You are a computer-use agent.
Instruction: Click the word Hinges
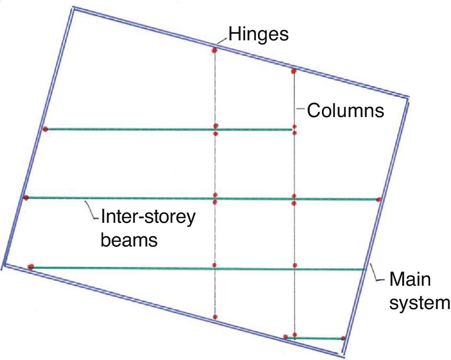[x=258, y=34]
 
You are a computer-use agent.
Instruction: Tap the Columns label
[x=345, y=110]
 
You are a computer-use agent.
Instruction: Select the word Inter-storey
[x=148, y=217]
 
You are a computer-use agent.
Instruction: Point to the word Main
[x=410, y=279]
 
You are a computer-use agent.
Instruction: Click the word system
[x=420, y=303]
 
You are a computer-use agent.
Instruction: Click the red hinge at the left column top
[x=214, y=50]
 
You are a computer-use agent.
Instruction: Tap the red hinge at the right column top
[x=293, y=71]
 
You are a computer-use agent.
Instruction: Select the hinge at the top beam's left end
[x=45, y=129]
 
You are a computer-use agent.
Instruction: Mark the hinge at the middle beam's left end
[x=26, y=198]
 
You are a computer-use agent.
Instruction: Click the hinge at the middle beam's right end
[x=379, y=200]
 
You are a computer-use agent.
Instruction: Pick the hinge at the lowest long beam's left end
[x=31, y=267]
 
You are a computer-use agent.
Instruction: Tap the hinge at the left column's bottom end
[x=215, y=317]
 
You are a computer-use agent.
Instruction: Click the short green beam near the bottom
[x=315, y=338]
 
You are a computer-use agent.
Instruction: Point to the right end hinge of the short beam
[x=342, y=338]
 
